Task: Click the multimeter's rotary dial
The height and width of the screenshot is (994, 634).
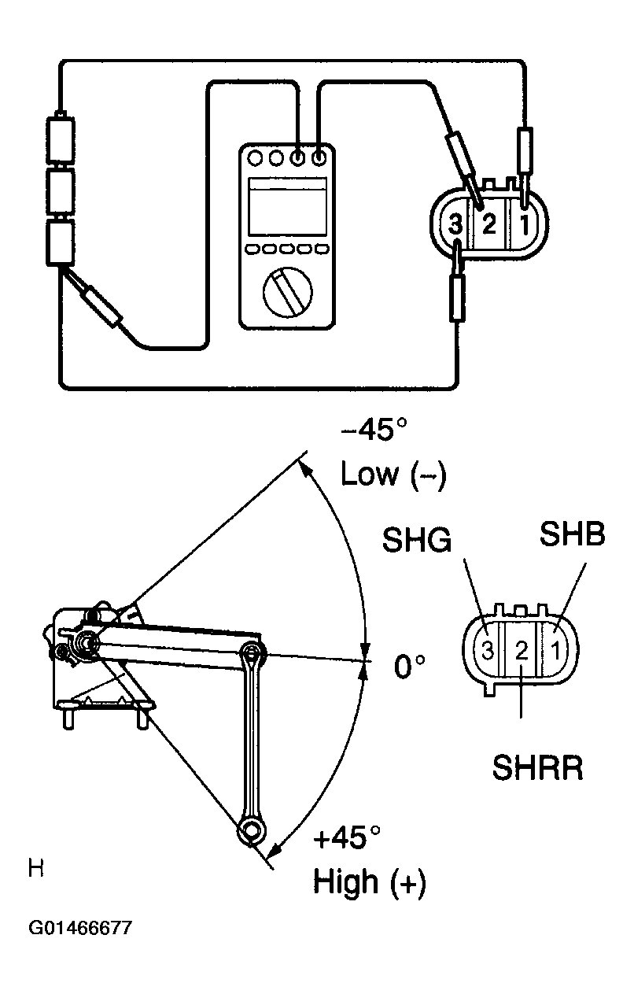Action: coord(287,293)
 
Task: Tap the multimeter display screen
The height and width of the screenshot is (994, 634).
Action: coord(287,206)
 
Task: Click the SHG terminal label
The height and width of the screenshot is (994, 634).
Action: coord(417,540)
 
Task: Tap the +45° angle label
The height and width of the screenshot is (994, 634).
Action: coord(347,837)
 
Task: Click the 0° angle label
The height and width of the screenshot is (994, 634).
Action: coord(410,666)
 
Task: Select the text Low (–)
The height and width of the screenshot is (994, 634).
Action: coord(393,475)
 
